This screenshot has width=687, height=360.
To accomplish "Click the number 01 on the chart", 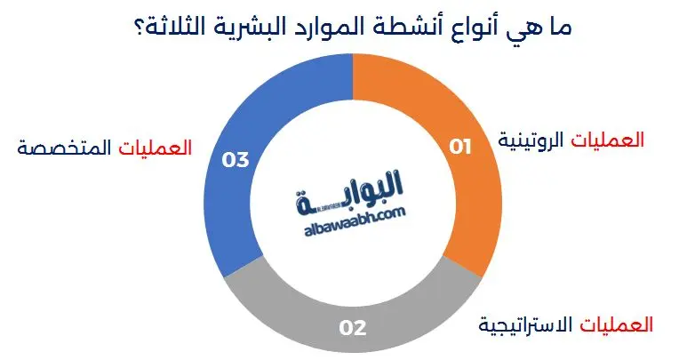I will (459, 147).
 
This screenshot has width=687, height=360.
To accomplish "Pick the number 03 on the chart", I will (235, 160).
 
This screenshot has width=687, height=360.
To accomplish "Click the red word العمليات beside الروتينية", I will (608, 141).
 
